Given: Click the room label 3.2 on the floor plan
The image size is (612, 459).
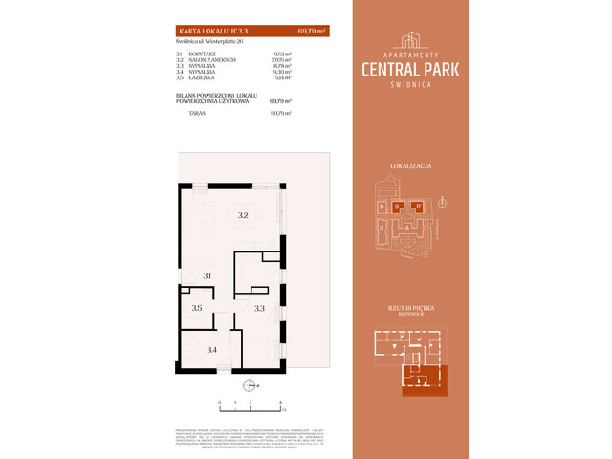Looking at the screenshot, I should (243, 216).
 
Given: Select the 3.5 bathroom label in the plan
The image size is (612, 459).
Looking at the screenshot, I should (196, 308).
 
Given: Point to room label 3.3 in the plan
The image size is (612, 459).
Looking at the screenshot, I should (258, 308).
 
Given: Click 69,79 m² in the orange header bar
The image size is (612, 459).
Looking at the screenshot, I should (312, 32).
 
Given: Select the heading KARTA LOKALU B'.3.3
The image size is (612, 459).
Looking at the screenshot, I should (203, 32).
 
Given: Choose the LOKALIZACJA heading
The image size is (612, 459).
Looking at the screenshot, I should (412, 166).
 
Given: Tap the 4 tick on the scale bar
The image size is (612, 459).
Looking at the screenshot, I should (280, 403).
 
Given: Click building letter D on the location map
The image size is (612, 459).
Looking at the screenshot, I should (382, 207).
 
